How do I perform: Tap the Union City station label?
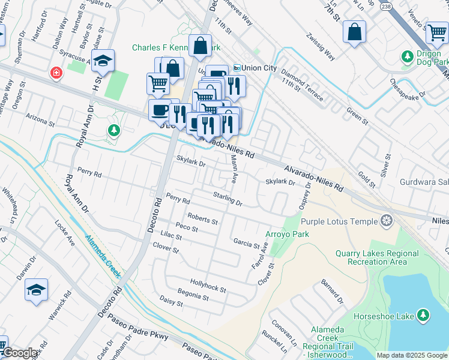pyautogui.click(x=255, y=68)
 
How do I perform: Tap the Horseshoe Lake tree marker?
pyautogui.click(x=424, y=314)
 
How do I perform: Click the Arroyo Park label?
pyautogui.click(x=287, y=234)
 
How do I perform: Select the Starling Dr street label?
pyautogui.click(x=228, y=199)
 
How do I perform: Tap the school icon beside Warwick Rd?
pyautogui.click(x=36, y=290)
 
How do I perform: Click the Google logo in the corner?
pyautogui.click(x=20, y=353)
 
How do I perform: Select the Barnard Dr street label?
pyautogui.click(x=331, y=291)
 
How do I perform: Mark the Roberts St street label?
pyautogui.click(x=202, y=218)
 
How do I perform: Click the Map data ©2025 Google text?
pyautogui.click(x=412, y=355)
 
